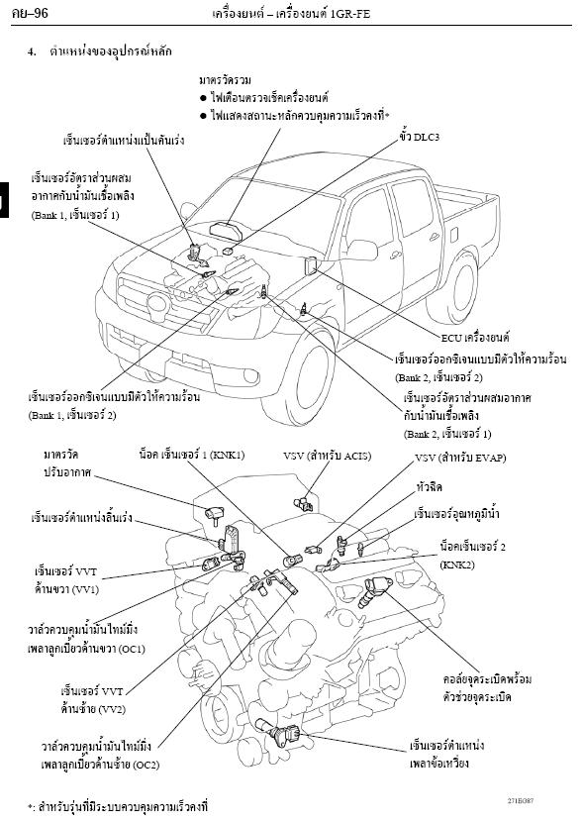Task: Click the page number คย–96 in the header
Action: point(30,13)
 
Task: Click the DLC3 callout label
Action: point(419,137)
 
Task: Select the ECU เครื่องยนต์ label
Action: point(475,338)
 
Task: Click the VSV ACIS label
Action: point(328,457)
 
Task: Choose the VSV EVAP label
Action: point(460,458)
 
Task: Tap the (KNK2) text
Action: point(457,565)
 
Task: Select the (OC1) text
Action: point(132,649)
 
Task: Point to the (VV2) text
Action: point(111,710)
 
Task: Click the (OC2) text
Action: point(146,765)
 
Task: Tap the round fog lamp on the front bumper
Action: point(250,376)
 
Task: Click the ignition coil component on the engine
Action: point(375,590)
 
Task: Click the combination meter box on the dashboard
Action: point(226,230)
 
